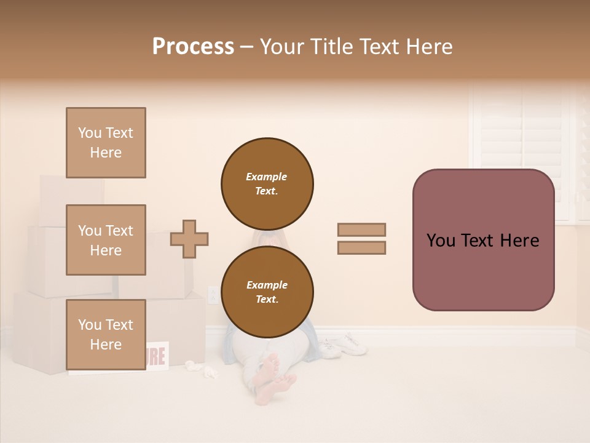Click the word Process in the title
pos(193,47)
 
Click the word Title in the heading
pos(332,47)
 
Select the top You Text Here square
pos(106,143)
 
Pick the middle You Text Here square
pos(106,240)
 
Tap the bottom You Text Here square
pos(106,335)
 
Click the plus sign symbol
pos(189,239)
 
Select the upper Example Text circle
pos(267,183)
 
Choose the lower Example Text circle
pos(267,292)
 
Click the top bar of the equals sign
pos(361,229)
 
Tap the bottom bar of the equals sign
pos(361,247)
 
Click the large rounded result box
pos(483,240)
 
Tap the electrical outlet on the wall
pos(213,295)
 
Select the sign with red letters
pos(157,356)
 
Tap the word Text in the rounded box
pos(483,240)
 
